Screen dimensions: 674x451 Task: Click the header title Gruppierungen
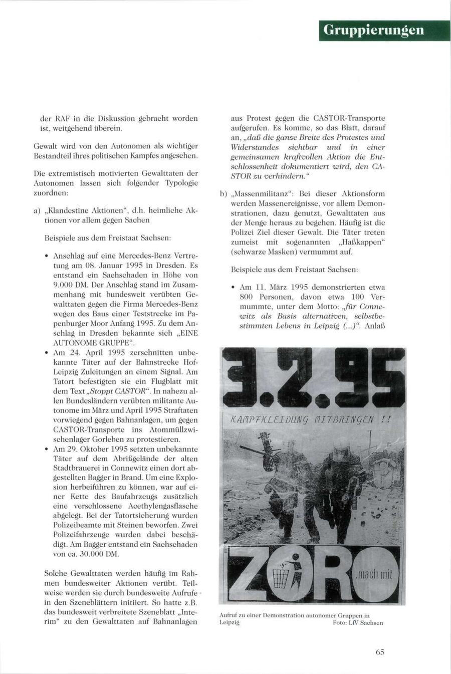(373, 30)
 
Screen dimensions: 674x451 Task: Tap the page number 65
(379, 652)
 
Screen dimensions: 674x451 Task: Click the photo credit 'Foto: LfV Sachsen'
(357, 623)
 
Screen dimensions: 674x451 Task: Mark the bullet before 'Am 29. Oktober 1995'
(46, 449)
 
